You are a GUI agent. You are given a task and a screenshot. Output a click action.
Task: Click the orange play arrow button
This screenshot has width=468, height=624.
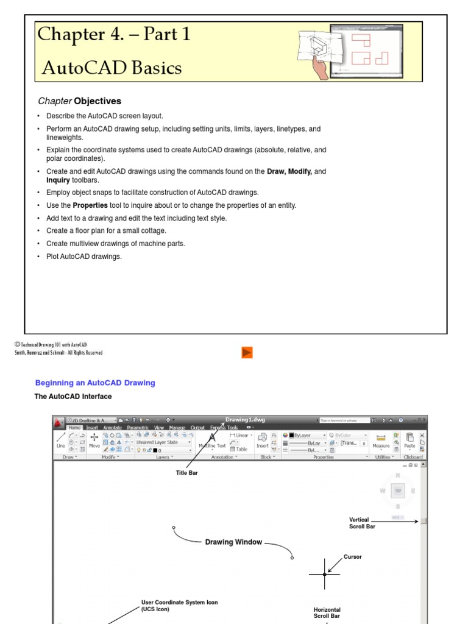[x=247, y=352]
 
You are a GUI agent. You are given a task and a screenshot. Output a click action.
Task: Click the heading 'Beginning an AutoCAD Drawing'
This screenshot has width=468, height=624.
[x=95, y=383]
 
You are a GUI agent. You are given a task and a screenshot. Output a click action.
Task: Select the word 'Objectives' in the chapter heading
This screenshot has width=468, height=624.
[x=97, y=101]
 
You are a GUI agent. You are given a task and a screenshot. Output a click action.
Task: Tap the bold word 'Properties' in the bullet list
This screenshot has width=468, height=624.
[x=90, y=205]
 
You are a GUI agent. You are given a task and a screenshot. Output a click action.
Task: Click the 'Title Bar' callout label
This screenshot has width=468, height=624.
[x=186, y=472]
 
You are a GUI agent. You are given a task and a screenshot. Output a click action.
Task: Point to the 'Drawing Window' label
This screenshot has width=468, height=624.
[x=233, y=542]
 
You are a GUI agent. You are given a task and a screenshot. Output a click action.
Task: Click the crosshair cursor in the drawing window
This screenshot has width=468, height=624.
[x=324, y=574]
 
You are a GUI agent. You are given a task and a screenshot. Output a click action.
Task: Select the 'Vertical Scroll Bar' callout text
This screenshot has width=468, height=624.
[x=362, y=523]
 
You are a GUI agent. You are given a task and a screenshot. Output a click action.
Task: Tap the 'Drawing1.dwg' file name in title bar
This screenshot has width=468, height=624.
[x=245, y=420]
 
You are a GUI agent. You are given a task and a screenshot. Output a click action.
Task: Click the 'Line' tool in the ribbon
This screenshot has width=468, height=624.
[x=61, y=441]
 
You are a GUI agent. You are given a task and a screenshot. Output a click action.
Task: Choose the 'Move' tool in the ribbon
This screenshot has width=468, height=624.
[x=94, y=441]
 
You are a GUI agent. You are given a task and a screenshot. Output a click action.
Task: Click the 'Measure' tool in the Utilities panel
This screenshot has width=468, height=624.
[x=381, y=441]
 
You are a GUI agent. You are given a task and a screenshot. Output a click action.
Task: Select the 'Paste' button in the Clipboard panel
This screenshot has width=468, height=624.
[x=409, y=441]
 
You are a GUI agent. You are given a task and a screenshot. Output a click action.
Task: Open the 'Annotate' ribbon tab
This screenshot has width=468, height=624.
[x=112, y=428]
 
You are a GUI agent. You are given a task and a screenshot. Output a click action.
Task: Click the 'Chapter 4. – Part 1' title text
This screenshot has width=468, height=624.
[x=114, y=35]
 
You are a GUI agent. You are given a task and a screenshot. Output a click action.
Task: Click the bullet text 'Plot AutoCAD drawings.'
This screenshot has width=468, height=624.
[x=84, y=257]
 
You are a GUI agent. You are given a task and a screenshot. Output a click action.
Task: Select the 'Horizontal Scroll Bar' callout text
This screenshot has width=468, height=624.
[x=327, y=612]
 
